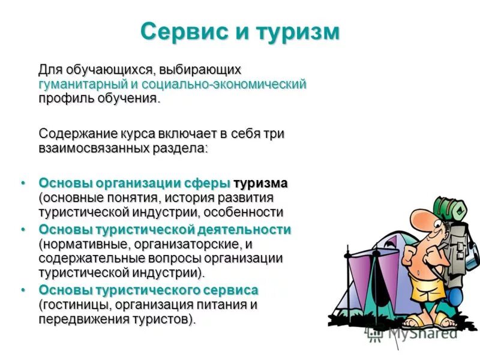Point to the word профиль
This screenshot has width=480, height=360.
(64, 98)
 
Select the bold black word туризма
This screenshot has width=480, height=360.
(260, 183)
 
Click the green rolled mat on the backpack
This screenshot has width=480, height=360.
(450, 207)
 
